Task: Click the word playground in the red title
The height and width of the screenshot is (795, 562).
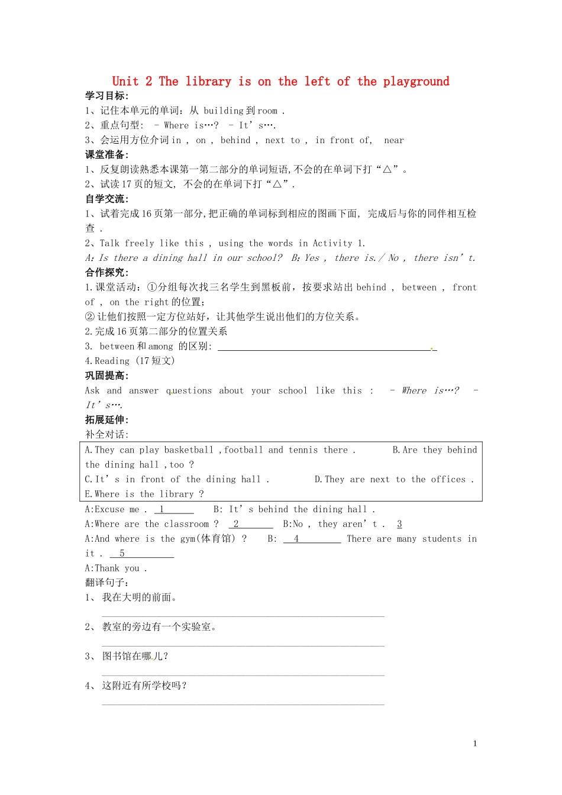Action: pos(416,82)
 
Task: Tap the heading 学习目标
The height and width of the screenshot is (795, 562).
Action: pos(106,96)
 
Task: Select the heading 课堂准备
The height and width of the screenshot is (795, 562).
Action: pos(106,154)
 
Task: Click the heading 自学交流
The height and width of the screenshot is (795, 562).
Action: pos(106,199)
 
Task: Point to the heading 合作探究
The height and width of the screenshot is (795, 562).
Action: pos(106,272)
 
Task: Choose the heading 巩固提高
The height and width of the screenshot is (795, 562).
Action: pos(106,376)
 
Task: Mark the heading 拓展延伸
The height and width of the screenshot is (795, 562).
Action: pos(106,419)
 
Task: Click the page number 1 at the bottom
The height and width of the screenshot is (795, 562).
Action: pos(475,744)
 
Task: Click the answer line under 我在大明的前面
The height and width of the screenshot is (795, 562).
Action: pos(243,616)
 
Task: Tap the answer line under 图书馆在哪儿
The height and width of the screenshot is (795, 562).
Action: pos(243,674)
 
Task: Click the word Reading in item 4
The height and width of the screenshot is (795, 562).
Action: pos(112,361)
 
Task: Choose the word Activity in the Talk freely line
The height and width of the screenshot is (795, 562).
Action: pos(332,243)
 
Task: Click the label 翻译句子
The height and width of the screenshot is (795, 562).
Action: pos(106,583)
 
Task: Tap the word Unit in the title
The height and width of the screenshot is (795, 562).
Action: pos(125,82)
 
